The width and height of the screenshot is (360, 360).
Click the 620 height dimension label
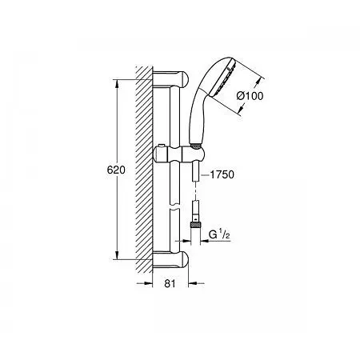[x=116, y=170]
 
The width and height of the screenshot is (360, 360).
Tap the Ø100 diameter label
[x=250, y=96]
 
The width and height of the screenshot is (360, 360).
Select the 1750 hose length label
[x=222, y=174]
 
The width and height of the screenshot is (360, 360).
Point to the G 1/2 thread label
[x=219, y=234]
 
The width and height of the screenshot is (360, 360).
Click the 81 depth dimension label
[x=170, y=283]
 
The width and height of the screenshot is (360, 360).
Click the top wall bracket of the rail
[x=170, y=78]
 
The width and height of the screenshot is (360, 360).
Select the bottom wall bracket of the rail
[x=170, y=260]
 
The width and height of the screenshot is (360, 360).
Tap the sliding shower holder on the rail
[x=179, y=154]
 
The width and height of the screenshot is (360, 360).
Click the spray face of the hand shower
[x=222, y=78]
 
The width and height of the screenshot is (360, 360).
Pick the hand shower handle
[x=198, y=117]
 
